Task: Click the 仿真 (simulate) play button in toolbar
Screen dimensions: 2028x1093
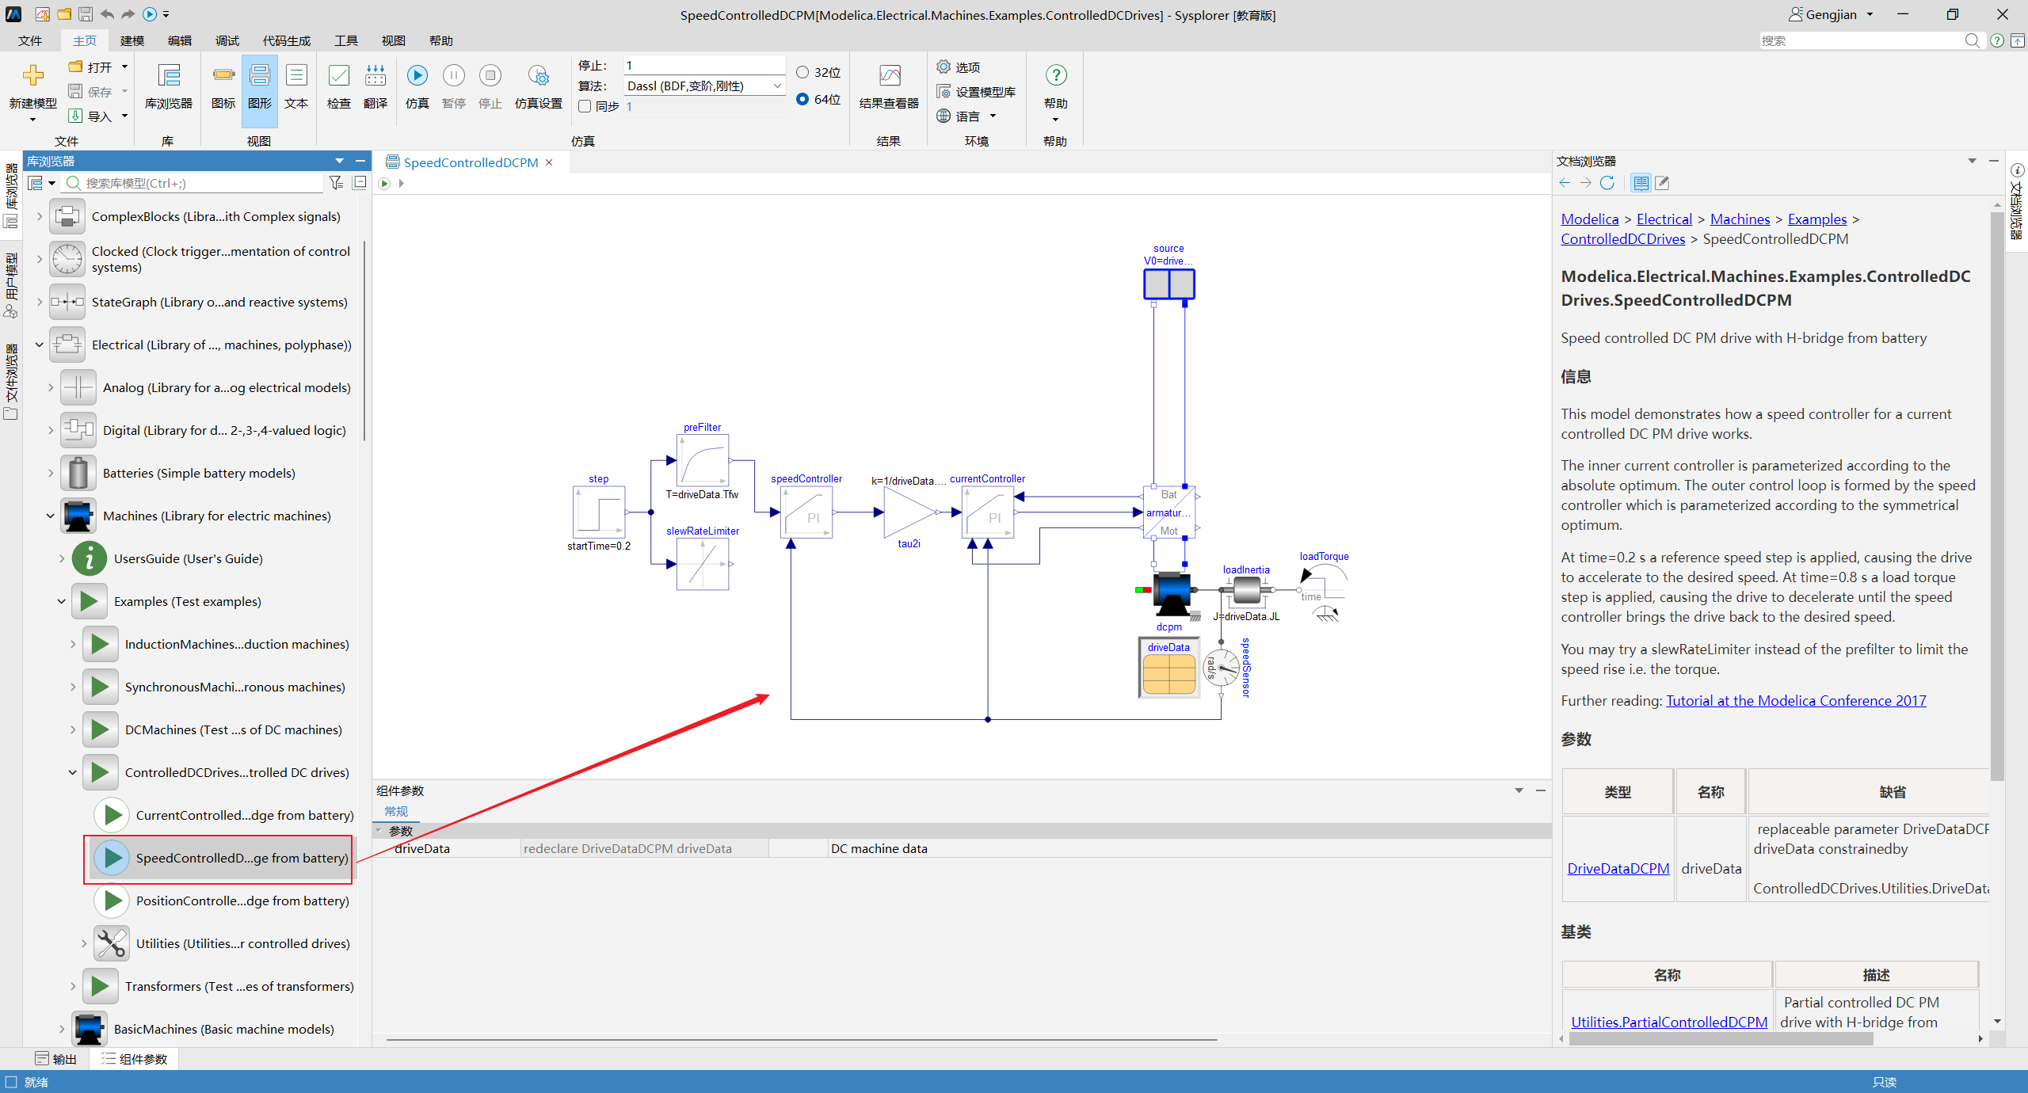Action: click(x=417, y=75)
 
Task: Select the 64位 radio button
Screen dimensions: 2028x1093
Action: click(x=802, y=99)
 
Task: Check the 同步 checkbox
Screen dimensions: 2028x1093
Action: click(x=585, y=106)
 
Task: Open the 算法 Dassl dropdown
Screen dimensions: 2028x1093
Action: click(x=704, y=86)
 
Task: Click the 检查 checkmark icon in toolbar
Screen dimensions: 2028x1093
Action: click(x=339, y=75)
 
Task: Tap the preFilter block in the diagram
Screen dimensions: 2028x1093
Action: click(x=703, y=460)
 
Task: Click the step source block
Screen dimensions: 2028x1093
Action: click(x=599, y=512)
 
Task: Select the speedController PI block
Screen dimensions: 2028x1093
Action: click(x=806, y=512)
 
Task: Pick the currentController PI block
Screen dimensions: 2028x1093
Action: click(x=988, y=512)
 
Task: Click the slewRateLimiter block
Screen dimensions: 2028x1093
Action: click(x=703, y=564)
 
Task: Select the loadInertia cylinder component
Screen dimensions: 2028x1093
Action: click(x=1246, y=590)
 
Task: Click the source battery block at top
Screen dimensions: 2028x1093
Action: click(x=1169, y=284)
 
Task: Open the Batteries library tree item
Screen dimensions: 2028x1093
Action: click(x=199, y=473)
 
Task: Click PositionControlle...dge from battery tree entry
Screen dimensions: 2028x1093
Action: click(x=242, y=901)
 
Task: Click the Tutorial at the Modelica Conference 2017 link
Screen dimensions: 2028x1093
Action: click(x=1796, y=700)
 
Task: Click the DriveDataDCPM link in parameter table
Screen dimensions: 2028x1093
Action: click(x=1618, y=868)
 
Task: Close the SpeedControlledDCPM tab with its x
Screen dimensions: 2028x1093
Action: click(x=549, y=162)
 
